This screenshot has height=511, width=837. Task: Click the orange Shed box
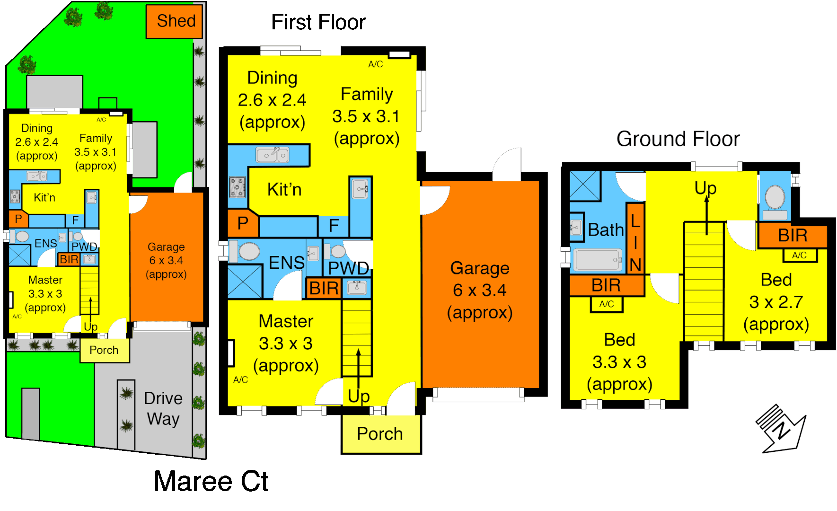(174, 21)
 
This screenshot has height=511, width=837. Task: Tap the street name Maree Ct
(211, 482)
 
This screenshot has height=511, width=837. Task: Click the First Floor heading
(318, 22)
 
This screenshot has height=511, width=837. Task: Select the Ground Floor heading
(678, 139)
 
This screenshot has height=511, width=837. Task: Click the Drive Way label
(163, 409)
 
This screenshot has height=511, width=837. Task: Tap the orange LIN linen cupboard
(635, 238)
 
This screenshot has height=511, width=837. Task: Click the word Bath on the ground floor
(606, 230)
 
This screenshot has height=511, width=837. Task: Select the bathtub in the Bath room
(598, 260)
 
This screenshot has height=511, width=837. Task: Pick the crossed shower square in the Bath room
(585, 186)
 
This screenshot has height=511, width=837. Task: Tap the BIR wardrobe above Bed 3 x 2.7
(793, 236)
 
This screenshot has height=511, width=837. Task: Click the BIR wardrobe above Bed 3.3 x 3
(607, 285)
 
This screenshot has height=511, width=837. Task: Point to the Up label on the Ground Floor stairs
(705, 188)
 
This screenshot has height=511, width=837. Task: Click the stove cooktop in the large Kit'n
(238, 187)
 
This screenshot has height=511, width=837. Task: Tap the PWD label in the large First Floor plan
(349, 268)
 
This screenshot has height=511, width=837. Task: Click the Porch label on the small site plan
(104, 350)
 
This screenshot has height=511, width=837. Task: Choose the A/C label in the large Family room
(376, 64)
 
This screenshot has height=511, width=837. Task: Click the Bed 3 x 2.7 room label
(776, 302)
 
